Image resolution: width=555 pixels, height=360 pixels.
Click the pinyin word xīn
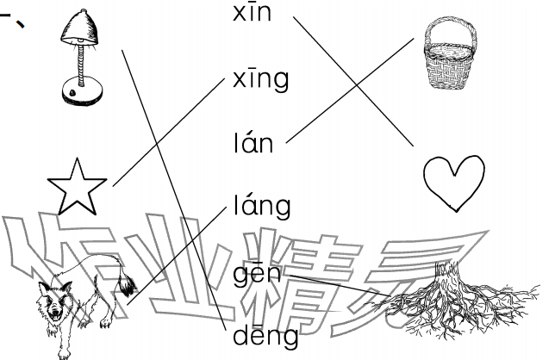[252, 13]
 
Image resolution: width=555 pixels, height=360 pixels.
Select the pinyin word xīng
[260, 79]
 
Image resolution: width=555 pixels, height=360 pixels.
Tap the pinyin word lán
[253, 142]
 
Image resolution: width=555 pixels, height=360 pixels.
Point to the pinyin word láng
[262, 206]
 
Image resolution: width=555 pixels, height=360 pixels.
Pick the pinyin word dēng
[265, 335]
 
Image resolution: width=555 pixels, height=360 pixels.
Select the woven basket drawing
[450, 53]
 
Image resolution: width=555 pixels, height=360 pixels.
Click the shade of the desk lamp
[80, 28]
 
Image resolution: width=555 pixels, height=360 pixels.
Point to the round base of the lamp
[83, 93]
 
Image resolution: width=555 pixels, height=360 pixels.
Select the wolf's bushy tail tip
[128, 285]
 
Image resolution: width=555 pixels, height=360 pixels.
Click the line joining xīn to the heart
[353, 81]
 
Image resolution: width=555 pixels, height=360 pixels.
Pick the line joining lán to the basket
[350, 90]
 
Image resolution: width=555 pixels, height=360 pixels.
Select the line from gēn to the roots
[340, 285]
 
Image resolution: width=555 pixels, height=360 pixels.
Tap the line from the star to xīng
[169, 133]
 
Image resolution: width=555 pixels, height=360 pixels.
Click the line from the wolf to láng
[177, 255]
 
